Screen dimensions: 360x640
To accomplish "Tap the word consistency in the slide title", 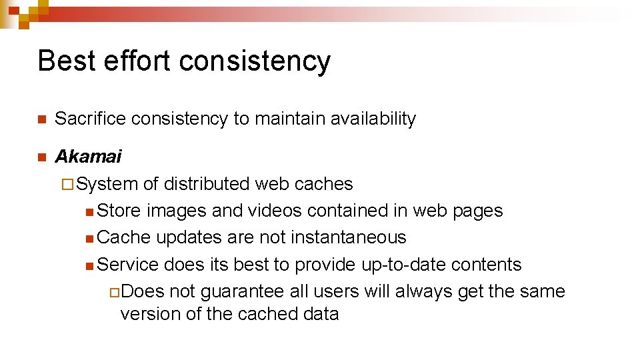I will pos(255,61).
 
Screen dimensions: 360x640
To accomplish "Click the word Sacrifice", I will pos(91,119).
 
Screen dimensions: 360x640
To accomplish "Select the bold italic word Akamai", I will pos(88,157).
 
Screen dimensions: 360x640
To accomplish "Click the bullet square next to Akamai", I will pos(41,157).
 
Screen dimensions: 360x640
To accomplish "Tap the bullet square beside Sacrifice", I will pos(41,119).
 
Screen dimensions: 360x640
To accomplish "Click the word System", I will pos(107,183).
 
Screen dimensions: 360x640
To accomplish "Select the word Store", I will pos(119,211).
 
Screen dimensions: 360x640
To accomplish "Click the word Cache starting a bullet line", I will pos(124,237).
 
